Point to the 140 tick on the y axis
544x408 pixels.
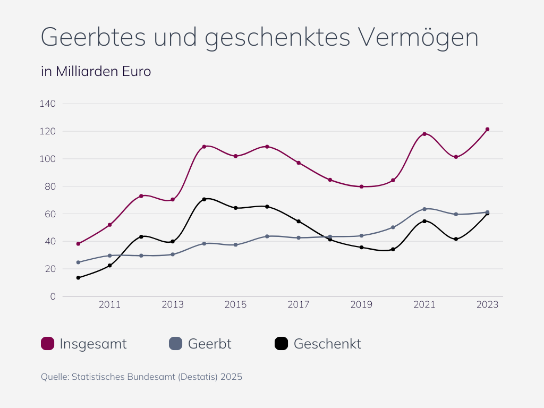coord(48,104)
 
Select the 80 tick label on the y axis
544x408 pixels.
coord(50,186)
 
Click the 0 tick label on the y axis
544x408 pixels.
coord(53,296)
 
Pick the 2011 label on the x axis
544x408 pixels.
coord(110,305)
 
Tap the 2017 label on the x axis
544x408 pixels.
coord(299,305)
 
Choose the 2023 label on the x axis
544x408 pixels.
coord(487,305)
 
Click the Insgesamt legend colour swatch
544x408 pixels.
coord(48,344)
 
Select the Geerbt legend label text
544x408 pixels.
coord(209,344)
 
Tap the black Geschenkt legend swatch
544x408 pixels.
coord(282,344)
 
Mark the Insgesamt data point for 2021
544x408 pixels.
coord(424,134)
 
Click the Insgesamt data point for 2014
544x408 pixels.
coord(204,147)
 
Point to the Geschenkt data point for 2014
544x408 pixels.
coord(204,199)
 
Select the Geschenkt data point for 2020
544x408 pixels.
coord(393,249)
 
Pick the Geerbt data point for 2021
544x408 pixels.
coord(424,209)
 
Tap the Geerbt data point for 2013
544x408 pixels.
coord(173,254)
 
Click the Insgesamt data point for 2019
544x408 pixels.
coord(361,186)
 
